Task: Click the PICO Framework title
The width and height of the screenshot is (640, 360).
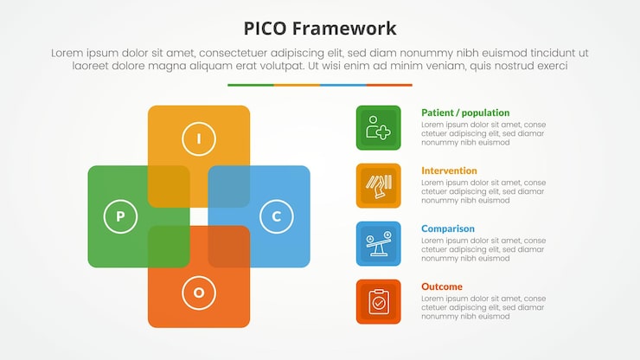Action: (x=320, y=28)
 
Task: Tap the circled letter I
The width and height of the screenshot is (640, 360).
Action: (x=199, y=138)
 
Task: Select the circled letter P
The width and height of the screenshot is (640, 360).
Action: (x=120, y=216)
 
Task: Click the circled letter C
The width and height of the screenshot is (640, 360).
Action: (x=276, y=216)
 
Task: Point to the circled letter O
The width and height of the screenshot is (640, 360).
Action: (x=199, y=292)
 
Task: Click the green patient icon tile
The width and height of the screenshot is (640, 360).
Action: (x=378, y=128)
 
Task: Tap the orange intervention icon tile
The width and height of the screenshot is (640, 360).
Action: (x=378, y=185)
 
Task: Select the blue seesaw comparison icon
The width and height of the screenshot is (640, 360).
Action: (x=378, y=243)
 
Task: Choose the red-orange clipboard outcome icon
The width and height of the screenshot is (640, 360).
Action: (x=378, y=301)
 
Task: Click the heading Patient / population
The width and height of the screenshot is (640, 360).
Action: (x=465, y=112)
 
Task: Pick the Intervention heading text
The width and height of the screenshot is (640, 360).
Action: (x=449, y=170)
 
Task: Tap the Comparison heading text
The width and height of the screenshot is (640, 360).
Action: (x=447, y=228)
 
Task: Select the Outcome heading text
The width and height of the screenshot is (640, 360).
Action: (x=441, y=286)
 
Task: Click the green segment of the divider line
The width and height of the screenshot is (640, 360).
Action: (x=251, y=85)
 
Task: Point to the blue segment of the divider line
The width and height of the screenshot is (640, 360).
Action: (x=342, y=85)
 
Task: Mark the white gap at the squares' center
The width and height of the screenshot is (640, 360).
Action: (x=199, y=216)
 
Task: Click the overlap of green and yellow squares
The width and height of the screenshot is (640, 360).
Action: (x=169, y=186)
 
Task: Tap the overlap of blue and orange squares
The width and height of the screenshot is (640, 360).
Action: (x=228, y=247)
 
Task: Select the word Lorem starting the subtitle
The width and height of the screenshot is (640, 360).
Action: (x=68, y=53)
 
